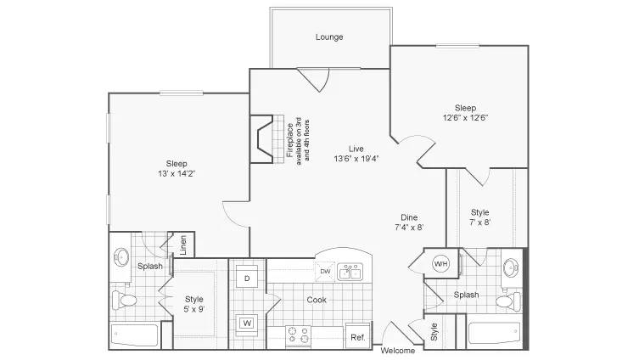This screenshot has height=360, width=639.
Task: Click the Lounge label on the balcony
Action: (x=329, y=37)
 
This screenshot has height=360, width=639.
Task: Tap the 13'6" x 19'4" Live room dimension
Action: (x=356, y=159)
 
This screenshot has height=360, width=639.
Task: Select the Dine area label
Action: (x=409, y=217)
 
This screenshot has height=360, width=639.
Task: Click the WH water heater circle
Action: (x=440, y=263)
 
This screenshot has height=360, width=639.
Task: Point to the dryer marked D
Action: (x=247, y=278)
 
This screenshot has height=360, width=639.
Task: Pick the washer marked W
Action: (x=247, y=323)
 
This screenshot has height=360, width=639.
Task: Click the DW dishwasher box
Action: (x=325, y=271)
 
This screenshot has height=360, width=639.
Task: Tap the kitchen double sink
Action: (x=350, y=271)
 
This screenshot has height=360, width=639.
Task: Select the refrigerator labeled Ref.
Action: (x=358, y=336)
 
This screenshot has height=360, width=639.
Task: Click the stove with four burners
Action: (x=299, y=336)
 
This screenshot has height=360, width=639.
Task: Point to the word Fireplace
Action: (x=290, y=140)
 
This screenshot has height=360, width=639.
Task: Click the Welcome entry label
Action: (x=398, y=351)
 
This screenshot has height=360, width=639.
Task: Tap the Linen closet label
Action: (x=183, y=245)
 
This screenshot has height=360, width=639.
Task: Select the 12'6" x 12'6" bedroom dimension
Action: (x=465, y=118)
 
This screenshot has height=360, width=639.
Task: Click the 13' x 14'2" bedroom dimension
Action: (x=177, y=174)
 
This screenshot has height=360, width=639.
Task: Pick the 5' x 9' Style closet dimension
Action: (x=194, y=309)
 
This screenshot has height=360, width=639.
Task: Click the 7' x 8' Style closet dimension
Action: (x=480, y=222)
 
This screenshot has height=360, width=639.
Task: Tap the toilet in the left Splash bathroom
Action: (x=124, y=301)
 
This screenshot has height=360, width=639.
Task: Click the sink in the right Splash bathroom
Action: (x=511, y=267)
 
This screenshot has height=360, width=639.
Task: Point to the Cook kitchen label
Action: (x=317, y=300)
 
